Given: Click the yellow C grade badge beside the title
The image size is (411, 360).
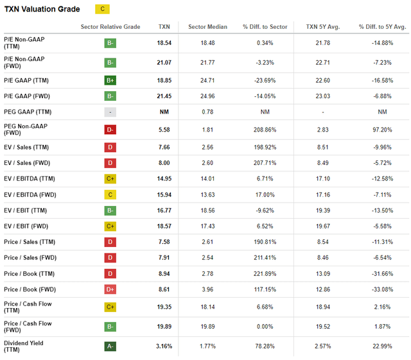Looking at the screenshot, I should tap(101, 10).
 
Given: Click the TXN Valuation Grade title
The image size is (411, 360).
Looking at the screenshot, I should tap(42, 10).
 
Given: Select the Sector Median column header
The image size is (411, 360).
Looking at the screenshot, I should tap(207, 27).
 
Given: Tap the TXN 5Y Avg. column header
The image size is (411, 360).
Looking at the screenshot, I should tap(322, 27).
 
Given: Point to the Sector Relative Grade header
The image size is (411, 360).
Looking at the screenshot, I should tap(110, 27).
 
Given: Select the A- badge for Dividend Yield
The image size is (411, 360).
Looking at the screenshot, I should tap(110, 347).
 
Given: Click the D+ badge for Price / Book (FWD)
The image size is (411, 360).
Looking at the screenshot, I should tap(110, 289).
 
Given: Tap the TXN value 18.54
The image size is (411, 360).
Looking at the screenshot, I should tap(164, 43).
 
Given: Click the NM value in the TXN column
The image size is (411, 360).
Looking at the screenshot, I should tap(164, 112).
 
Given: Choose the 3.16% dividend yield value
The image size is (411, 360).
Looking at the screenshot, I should tap(164, 347).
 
